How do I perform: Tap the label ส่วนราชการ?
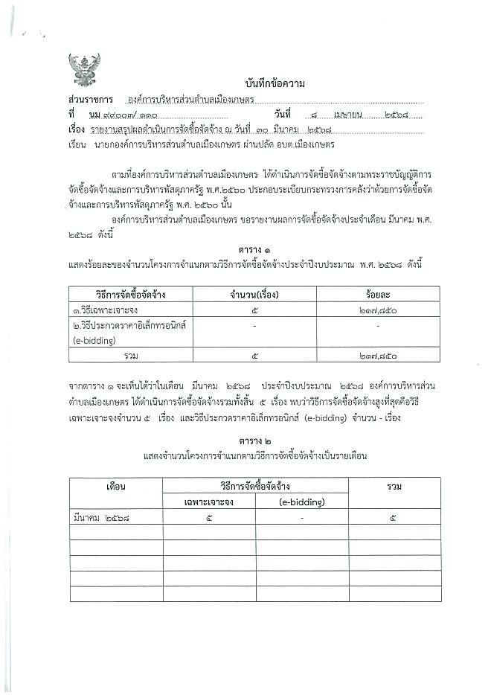89,99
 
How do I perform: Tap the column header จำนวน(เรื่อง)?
255,295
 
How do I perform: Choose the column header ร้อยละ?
378,295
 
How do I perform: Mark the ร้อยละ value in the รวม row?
378,356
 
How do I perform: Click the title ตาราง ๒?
255,441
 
